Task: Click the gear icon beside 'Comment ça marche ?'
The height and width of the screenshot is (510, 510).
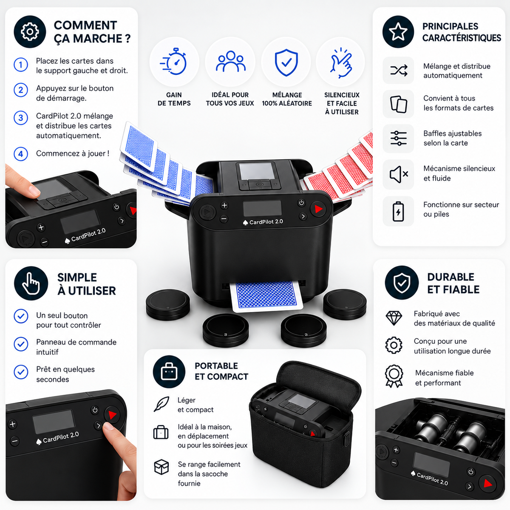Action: (30, 32)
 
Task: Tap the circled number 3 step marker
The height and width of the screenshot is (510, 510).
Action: (21, 118)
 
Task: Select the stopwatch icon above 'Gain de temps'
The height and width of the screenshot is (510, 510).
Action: (174, 61)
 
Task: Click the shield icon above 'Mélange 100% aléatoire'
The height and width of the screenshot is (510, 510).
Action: (286, 62)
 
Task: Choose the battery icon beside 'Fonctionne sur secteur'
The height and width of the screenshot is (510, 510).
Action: (398, 211)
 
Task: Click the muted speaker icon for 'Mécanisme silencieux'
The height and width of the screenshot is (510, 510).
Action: (399, 174)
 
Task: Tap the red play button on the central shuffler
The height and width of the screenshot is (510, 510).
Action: (318, 209)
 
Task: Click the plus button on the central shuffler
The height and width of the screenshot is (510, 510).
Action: (224, 205)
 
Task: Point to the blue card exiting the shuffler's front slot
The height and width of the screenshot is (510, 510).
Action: (266, 296)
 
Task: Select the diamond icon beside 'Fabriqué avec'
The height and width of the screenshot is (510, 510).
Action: (394, 318)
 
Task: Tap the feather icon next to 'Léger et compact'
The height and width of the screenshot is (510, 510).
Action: (161, 404)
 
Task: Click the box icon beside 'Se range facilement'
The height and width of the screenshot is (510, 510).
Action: (161, 467)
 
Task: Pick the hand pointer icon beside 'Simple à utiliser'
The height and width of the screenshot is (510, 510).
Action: (31, 284)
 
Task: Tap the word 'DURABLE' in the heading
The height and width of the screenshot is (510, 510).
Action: (451, 277)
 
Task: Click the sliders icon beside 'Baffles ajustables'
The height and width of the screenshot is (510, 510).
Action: (398, 138)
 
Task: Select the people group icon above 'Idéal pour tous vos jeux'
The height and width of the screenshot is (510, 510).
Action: (230, 61)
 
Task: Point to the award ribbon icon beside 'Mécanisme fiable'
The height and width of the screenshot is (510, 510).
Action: (394, 376)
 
